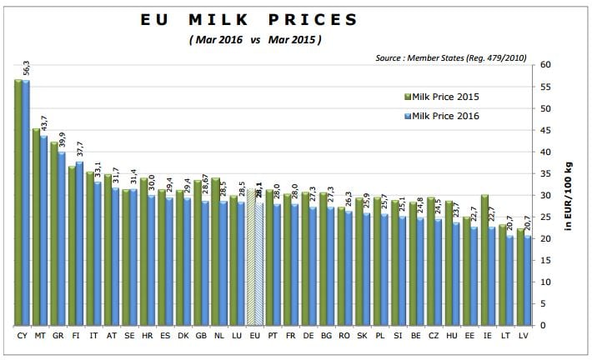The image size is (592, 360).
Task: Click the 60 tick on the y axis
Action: click(544, 65)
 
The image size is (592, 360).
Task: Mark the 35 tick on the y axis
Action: click(544, 173)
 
